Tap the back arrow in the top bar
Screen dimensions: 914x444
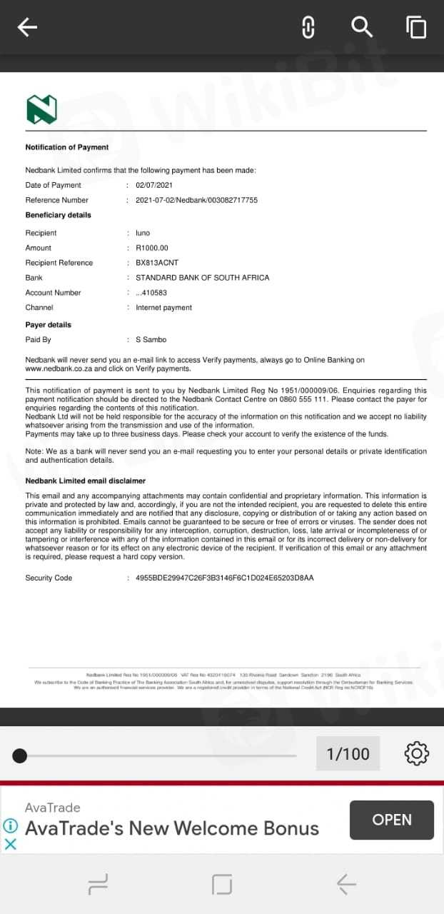coord(27,27)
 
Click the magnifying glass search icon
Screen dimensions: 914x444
coord(362,27)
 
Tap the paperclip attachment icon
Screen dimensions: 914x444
coord(308,27)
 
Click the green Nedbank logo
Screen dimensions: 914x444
coord(41,109)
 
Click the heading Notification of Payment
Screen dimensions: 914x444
coord(67,147)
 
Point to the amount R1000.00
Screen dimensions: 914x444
coord(152,248)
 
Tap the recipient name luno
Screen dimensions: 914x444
coord(143,233)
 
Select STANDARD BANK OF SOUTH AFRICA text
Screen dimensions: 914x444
coord(203,278)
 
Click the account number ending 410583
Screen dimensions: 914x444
coord(151,293)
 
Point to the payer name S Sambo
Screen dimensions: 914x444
coord(151,340)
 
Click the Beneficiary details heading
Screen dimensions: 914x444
coord(59,215)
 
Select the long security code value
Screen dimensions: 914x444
coord(225,578)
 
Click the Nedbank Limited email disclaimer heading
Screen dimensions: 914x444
coord(86,481)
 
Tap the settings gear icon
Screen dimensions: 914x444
coord(416,753)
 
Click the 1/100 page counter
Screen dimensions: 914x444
coord(348,753)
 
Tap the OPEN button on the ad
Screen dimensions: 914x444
coord(392,820)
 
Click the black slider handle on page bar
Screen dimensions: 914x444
coord(20,755)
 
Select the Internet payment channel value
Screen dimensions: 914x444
coord(163,308)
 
